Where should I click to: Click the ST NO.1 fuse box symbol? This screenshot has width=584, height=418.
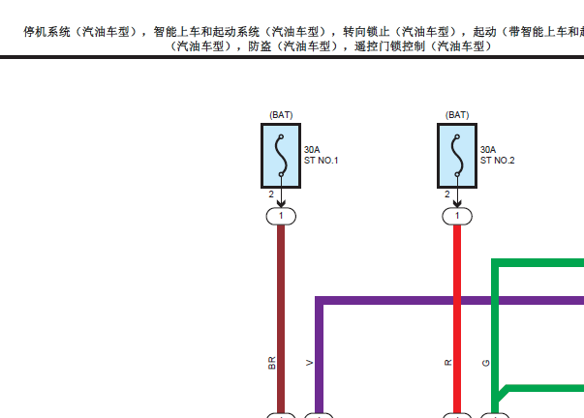pos(281,156)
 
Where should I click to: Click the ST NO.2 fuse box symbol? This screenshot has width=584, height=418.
pos(457,156)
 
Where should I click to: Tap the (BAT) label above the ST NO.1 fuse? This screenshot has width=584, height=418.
pos(281,115)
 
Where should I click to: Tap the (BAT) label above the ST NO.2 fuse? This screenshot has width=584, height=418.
pos(457,115)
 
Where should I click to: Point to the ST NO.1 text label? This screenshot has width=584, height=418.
pos(321,161)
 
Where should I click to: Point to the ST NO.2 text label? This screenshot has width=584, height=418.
pos(497,161)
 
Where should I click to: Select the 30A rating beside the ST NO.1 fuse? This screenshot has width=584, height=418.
pos(312,150)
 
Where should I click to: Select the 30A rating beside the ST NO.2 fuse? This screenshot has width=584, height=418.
pos(488,150)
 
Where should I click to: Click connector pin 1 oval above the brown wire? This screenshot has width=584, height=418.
pos(281,217)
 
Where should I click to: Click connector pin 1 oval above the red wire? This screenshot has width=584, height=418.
pos(457,217)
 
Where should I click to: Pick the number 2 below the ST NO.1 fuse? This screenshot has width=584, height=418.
pos(271,194)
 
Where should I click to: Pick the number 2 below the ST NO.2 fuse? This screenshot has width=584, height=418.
pos(447,194)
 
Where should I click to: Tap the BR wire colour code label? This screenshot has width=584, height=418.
pos(272,363)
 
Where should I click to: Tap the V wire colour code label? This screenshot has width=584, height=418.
pos(310,363)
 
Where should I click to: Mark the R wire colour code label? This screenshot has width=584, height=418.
pos(448,363)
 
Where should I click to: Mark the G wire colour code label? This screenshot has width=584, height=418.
pos(485,363)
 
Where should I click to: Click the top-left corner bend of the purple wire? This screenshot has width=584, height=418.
pos(320,300)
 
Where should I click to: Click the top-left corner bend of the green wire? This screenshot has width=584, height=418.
pos(495,262)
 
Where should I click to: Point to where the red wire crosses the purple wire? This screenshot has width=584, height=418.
pos(457,300)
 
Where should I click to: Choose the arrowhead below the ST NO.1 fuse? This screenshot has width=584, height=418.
pos(281,203)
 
